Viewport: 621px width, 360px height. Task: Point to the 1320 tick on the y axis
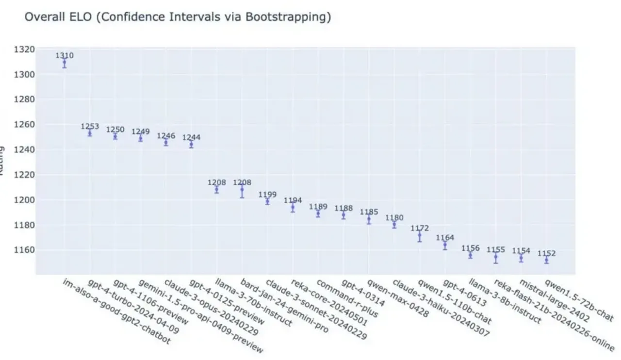coord(25,49)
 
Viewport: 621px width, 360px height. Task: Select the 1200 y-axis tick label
coord(25,200)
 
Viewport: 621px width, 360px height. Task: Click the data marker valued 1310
coord(65,63)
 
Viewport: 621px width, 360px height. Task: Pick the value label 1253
coord(90,127)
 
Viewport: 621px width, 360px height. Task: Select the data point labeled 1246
coord(166,142)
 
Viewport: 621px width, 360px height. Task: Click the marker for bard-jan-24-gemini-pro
coord(242,190)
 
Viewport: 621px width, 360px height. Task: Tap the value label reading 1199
coord(267,195)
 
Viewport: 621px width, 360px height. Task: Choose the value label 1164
coord(445,238)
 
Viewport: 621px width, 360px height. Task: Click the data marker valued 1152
coord(546,260)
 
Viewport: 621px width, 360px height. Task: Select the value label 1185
coord(369,212)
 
